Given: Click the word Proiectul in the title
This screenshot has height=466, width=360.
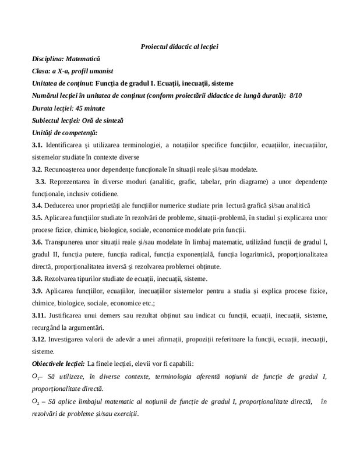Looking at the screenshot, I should click(154, 46).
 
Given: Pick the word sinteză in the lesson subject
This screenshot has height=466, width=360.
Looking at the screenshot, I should click(110, 120).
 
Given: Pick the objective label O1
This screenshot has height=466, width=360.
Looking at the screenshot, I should click(36, 377).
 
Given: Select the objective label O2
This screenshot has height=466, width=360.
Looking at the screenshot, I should click(36, 402).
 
